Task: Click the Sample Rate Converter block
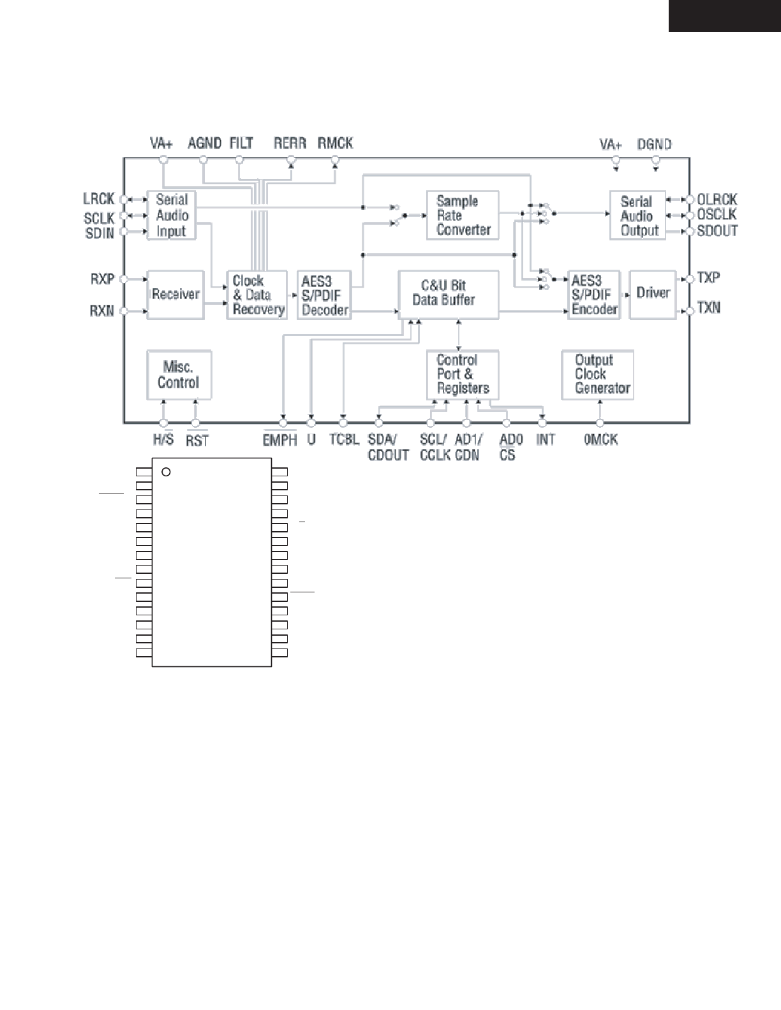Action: pos(463,216)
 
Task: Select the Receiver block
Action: pos(175,295)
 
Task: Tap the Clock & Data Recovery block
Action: pos(257,295)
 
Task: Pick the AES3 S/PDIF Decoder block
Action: pos(324,295)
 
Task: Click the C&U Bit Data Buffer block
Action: pos(448,294)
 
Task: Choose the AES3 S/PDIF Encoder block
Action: pos(594,295)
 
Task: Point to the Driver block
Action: pos(653,294)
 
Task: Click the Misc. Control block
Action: pos(178,375)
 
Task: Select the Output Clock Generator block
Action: pos(597,374)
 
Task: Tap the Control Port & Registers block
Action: pos(463,374)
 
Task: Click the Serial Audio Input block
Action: pos(171,216)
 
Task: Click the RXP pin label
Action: pos(103,279)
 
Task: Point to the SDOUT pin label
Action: pos(717,231)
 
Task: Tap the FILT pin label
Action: pos(241,143)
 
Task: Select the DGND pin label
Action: pos(654,145)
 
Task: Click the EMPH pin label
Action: pos(279,440)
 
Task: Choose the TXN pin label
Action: pos(708,309)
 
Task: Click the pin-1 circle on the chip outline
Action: pos(166,472)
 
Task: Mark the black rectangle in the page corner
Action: pos(724,15)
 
